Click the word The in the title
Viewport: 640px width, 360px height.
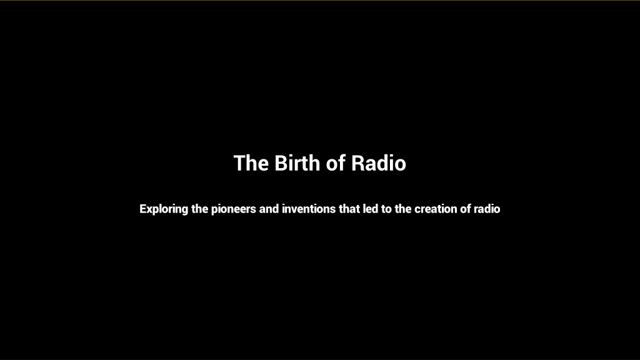point(251,163)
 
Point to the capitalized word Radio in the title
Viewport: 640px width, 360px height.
point(379,163)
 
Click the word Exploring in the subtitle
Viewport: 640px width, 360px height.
point(164,209)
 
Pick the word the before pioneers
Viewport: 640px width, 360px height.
point(199,209)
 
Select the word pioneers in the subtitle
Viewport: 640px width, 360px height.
point(234,209)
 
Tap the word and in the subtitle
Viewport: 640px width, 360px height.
point(269,209)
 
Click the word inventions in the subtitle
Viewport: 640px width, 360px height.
point(309,209)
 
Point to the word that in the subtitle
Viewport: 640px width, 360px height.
point(349,209)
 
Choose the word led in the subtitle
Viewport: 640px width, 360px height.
point(371,209)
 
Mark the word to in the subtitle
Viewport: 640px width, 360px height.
point(386,209)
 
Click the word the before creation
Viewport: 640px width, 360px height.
point(403,209)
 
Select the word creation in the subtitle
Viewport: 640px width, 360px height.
point(436,209)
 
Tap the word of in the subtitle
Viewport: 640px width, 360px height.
point(466,209)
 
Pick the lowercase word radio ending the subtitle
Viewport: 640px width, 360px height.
point(487,209)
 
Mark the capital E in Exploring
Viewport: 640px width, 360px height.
point(143,209)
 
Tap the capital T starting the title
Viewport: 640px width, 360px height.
point(239,163)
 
